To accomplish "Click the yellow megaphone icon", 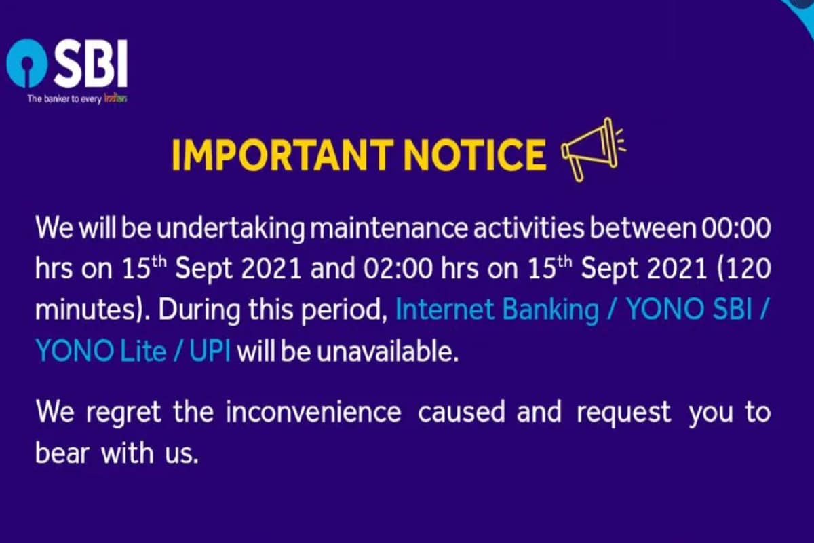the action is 592,149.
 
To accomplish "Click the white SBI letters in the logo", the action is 90,63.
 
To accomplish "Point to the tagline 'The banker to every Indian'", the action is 77,99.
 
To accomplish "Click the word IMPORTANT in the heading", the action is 283,155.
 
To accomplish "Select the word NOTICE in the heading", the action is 475,155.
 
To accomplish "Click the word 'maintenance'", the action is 389,228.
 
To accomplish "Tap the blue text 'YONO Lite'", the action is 101,352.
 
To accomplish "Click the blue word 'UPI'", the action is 210,352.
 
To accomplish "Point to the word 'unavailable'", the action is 387,351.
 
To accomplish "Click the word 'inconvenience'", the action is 313,412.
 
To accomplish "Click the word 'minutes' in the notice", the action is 85,310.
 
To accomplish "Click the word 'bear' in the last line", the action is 62,453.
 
